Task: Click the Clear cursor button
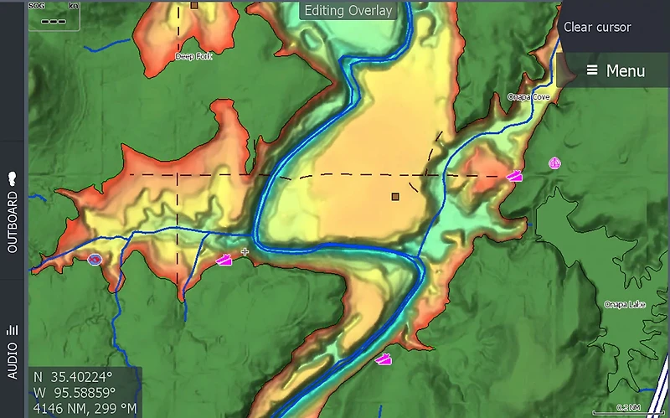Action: click(597, 27)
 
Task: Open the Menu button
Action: click(616, 70)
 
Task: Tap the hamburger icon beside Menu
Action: click(592, 70)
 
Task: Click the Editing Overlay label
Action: click(348, 11)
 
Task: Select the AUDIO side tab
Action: click(13, 349)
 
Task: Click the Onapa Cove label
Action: click(528, 97)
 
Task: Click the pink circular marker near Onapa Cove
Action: click(554, 163)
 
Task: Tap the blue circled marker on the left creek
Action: click(95, 260)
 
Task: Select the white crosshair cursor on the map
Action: click(245, 251)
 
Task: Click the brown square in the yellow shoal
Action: click(395, 197)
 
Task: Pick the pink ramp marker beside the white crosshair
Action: click(224, 260)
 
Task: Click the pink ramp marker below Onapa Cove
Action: click(514, 176)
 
